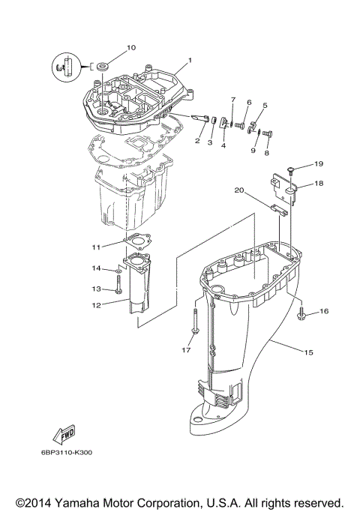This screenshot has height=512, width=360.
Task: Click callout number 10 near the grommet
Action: [x=130, y=48]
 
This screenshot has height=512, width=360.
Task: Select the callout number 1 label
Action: [x=190, y=60]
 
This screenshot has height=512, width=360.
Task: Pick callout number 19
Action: [x=318, y=163]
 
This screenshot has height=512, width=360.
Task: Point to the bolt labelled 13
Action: [x=119, y=287]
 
